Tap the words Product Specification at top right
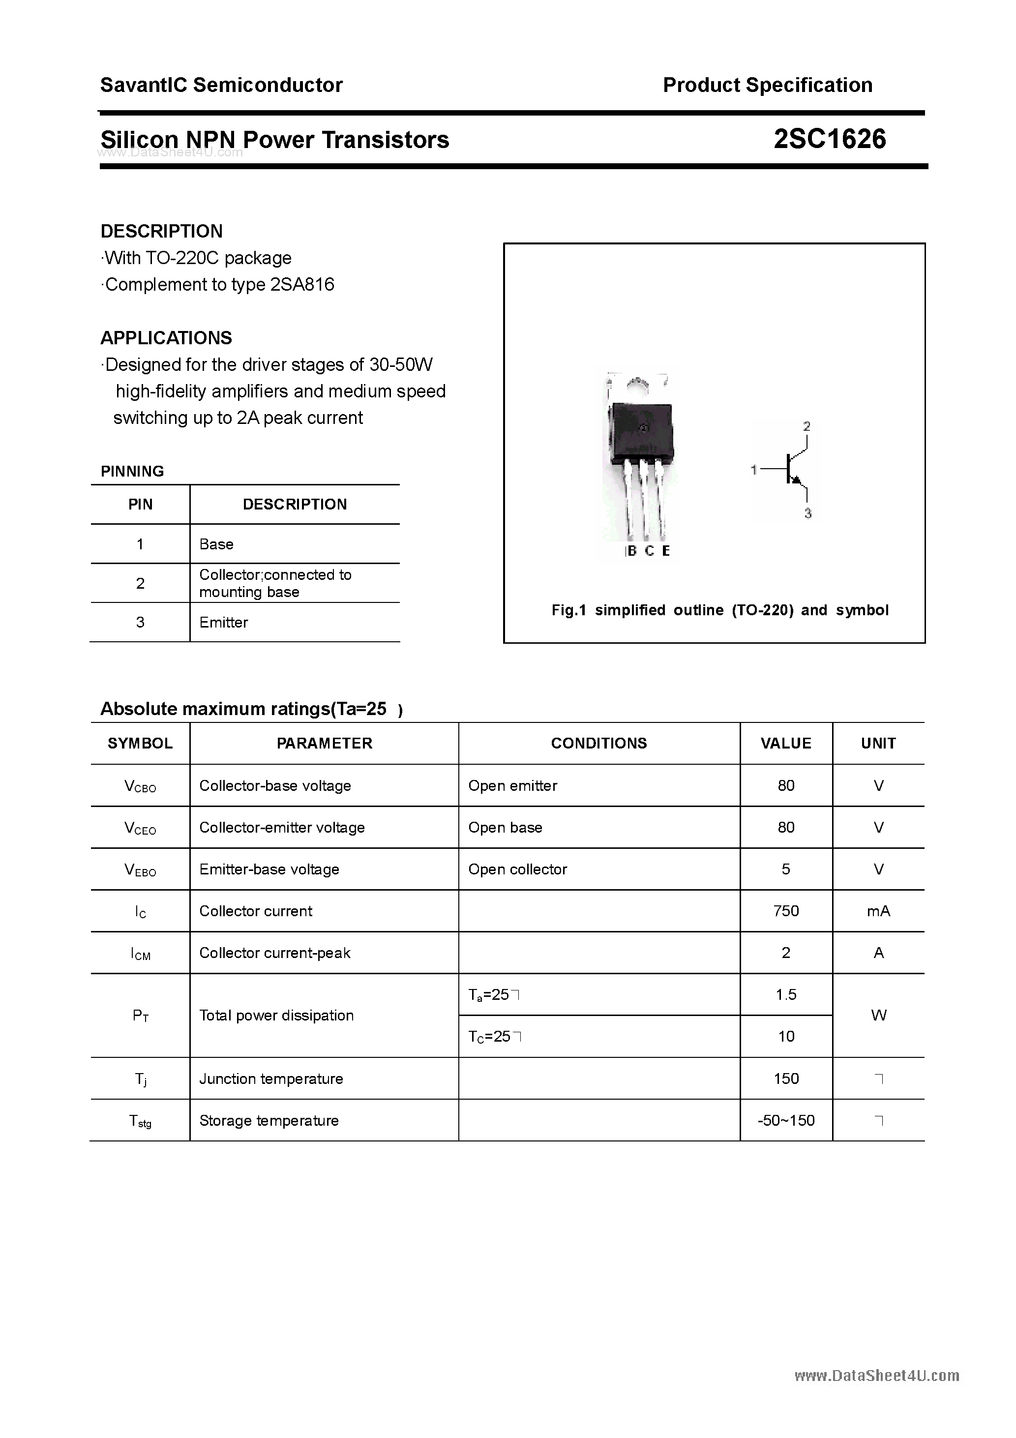click(x=767, y=85)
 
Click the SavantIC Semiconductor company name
click(x=221, y=85)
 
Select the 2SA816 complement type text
click(x=302, y=285)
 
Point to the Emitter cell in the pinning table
click(x=224, y=623)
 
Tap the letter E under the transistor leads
click(x=666, y=551)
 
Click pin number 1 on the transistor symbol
click(x=754, y=469)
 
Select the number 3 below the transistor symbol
click(x=807, y=513)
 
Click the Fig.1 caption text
click(x=720, y=610)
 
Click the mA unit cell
click(x=878, y=911)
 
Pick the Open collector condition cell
click(x=517, y=869)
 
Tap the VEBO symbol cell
click(x=140, y=870)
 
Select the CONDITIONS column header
click(x=599, y=744)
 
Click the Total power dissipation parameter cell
click(x=276, y=1015)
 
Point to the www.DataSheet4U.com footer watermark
click(x=876, y=1376)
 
